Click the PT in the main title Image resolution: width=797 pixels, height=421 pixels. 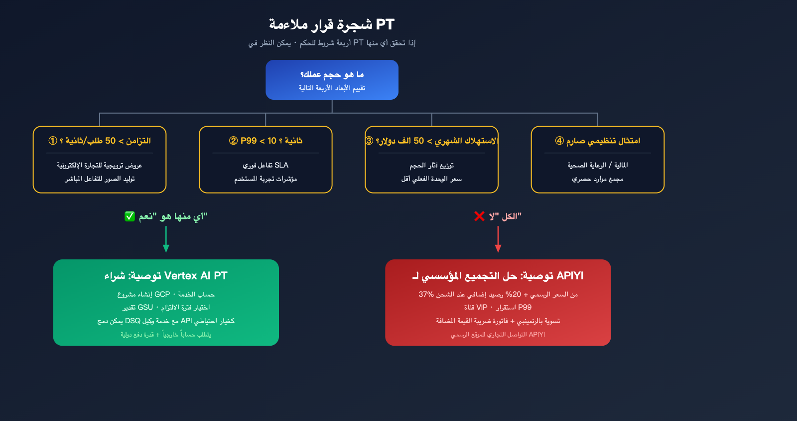point(385,24)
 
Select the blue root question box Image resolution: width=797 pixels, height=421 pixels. point(332,80)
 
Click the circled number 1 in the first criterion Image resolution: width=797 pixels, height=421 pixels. point(52,141)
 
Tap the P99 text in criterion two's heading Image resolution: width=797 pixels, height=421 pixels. point(248,141)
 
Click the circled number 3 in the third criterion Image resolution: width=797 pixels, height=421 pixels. point(369,141)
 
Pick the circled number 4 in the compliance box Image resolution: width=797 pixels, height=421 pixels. point(559,141)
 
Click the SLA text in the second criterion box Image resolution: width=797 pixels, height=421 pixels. point(281,165)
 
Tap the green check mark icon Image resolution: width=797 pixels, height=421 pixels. point(130,216)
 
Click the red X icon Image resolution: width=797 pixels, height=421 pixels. point(479,216)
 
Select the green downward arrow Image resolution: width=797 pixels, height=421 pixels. point(166,239)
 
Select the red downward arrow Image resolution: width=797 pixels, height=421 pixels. point(498,239)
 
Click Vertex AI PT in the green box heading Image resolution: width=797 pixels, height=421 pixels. point(196,276)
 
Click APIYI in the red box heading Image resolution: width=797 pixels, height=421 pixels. point(570,276)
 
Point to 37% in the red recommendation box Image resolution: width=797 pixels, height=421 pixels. point(426,294)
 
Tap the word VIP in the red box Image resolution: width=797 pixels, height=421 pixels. point(482,307)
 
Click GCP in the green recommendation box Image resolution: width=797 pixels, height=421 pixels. point(162,294)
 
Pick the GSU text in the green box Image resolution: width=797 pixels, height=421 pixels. point(145,307)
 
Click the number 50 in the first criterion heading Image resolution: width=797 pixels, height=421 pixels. point(110,141)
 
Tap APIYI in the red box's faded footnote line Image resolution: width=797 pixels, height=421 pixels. point(536,335)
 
